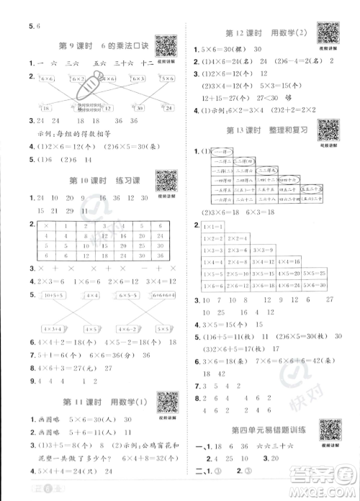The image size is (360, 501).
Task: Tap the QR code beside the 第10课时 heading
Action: click(x=166, y=180)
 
